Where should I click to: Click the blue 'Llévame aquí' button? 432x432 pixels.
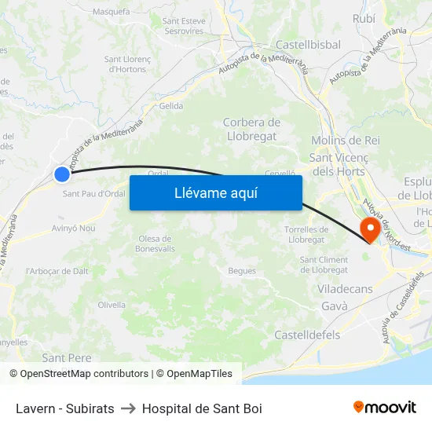click(215, 193)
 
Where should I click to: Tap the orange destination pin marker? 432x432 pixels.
click(369, 229)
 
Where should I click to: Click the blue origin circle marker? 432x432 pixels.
click(62, 174)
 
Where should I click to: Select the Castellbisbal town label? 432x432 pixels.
click(308, 45)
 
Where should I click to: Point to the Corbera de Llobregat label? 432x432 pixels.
click(251, 129)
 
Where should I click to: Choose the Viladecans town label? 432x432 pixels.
click(345, 289)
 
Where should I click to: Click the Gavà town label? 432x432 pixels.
click(334, 306)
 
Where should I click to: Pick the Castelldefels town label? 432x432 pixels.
click(307, 335)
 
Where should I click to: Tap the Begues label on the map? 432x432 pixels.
click(242, 271)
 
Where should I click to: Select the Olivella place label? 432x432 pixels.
click(112, 305)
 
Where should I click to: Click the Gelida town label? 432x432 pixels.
click(170, 106)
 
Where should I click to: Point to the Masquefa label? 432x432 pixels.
click(111, 12)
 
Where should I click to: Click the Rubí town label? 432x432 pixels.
click(364, 17)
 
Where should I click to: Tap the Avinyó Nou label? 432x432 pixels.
click(73, 229)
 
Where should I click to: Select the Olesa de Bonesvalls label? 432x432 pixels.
click(154, 243)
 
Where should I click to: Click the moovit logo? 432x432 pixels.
click(384, 408)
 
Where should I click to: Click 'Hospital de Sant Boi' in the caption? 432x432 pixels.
click(202, 408)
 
